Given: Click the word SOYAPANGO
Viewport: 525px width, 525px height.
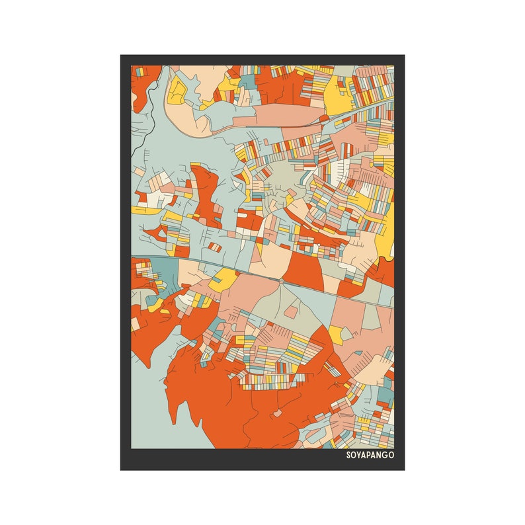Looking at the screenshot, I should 370,456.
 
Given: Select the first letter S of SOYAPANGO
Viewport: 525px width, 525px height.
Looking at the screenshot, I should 348,456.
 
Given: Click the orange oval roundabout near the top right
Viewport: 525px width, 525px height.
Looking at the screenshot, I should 324,118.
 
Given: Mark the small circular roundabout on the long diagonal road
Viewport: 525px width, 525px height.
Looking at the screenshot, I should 282,281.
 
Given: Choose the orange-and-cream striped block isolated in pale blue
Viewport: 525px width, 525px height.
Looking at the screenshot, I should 216,247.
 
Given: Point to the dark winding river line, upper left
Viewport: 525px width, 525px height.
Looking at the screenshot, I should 147,106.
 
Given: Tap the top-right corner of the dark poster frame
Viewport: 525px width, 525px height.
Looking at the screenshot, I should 403,56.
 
